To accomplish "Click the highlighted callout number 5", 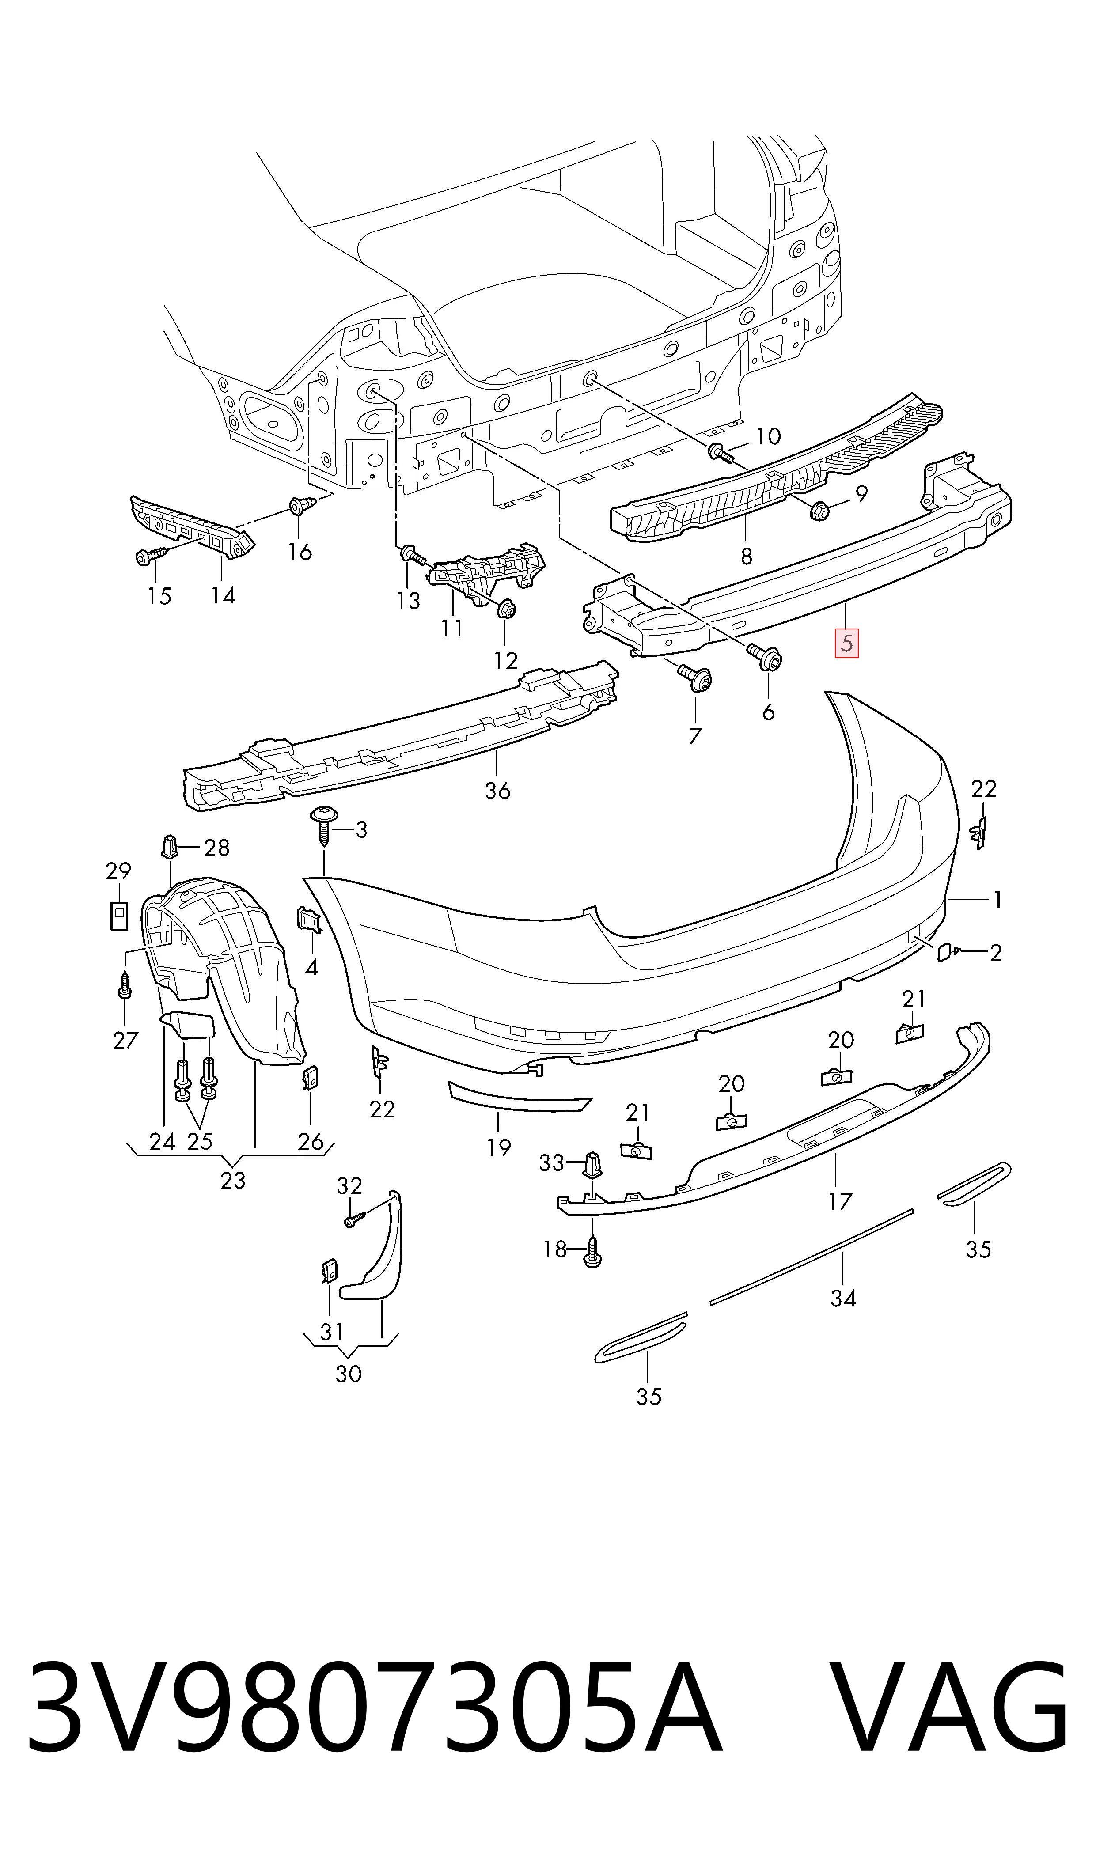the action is pyautogui.click(x=846, y=643).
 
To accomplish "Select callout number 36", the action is pyautogui.click(x=498, y=791).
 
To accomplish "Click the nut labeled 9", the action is pyautogui.click(x=818, y=509).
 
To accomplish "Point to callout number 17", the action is pyautogui.click(x=841, y=1201).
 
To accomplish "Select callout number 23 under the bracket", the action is pyautogui.click(x=233, y=1180).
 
